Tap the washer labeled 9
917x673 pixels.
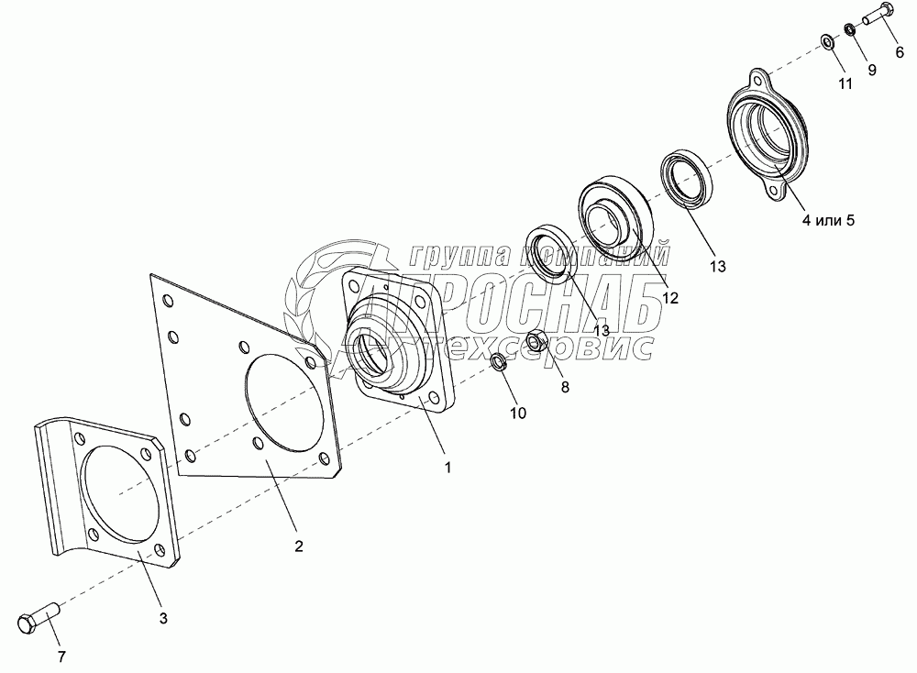[851, 29]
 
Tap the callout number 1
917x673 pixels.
[447, 467]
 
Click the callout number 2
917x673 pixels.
[298, 546]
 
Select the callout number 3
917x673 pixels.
[163, 619]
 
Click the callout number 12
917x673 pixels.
[671, 298]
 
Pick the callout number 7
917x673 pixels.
[61, 657]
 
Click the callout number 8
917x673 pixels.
[565, 387]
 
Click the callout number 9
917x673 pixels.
[871, 69]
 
